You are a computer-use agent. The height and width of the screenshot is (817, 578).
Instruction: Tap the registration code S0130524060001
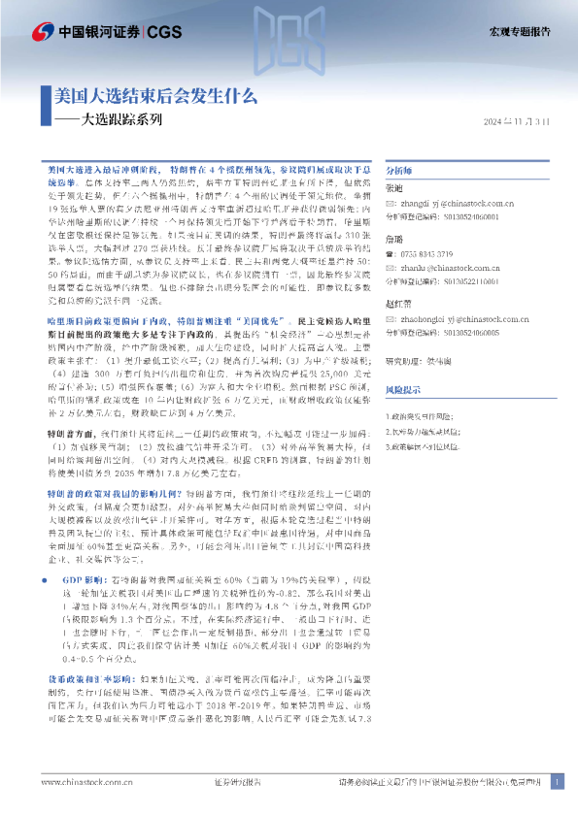[x=472, y=219]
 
